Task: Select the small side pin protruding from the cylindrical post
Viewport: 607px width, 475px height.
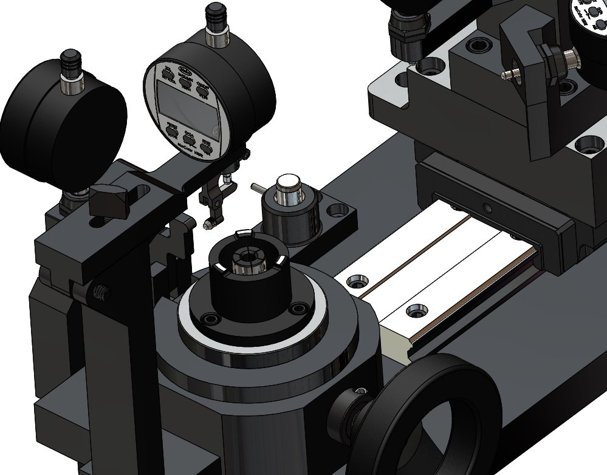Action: click(257, 188)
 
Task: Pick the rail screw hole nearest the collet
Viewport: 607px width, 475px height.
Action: click(356, 281)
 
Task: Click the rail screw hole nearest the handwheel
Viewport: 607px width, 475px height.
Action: click(416, 310)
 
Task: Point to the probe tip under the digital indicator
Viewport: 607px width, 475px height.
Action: click(208, 225)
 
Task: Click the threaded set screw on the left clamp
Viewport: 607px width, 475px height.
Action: click(101, 294)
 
